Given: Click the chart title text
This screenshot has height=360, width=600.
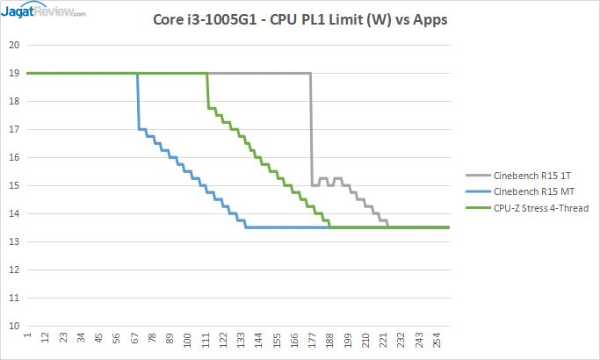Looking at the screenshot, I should click(299, 18).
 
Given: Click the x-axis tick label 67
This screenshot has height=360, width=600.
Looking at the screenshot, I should click(136, 339).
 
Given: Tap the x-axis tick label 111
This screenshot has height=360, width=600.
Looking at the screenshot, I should click(206, 339).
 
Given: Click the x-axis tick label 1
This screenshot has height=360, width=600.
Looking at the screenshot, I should click(28, 337).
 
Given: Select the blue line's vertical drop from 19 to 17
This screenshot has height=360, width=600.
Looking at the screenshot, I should click(138, 101).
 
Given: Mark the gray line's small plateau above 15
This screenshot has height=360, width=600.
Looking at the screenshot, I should click(323, 178).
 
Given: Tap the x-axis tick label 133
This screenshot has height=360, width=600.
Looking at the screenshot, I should click(242, 339).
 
